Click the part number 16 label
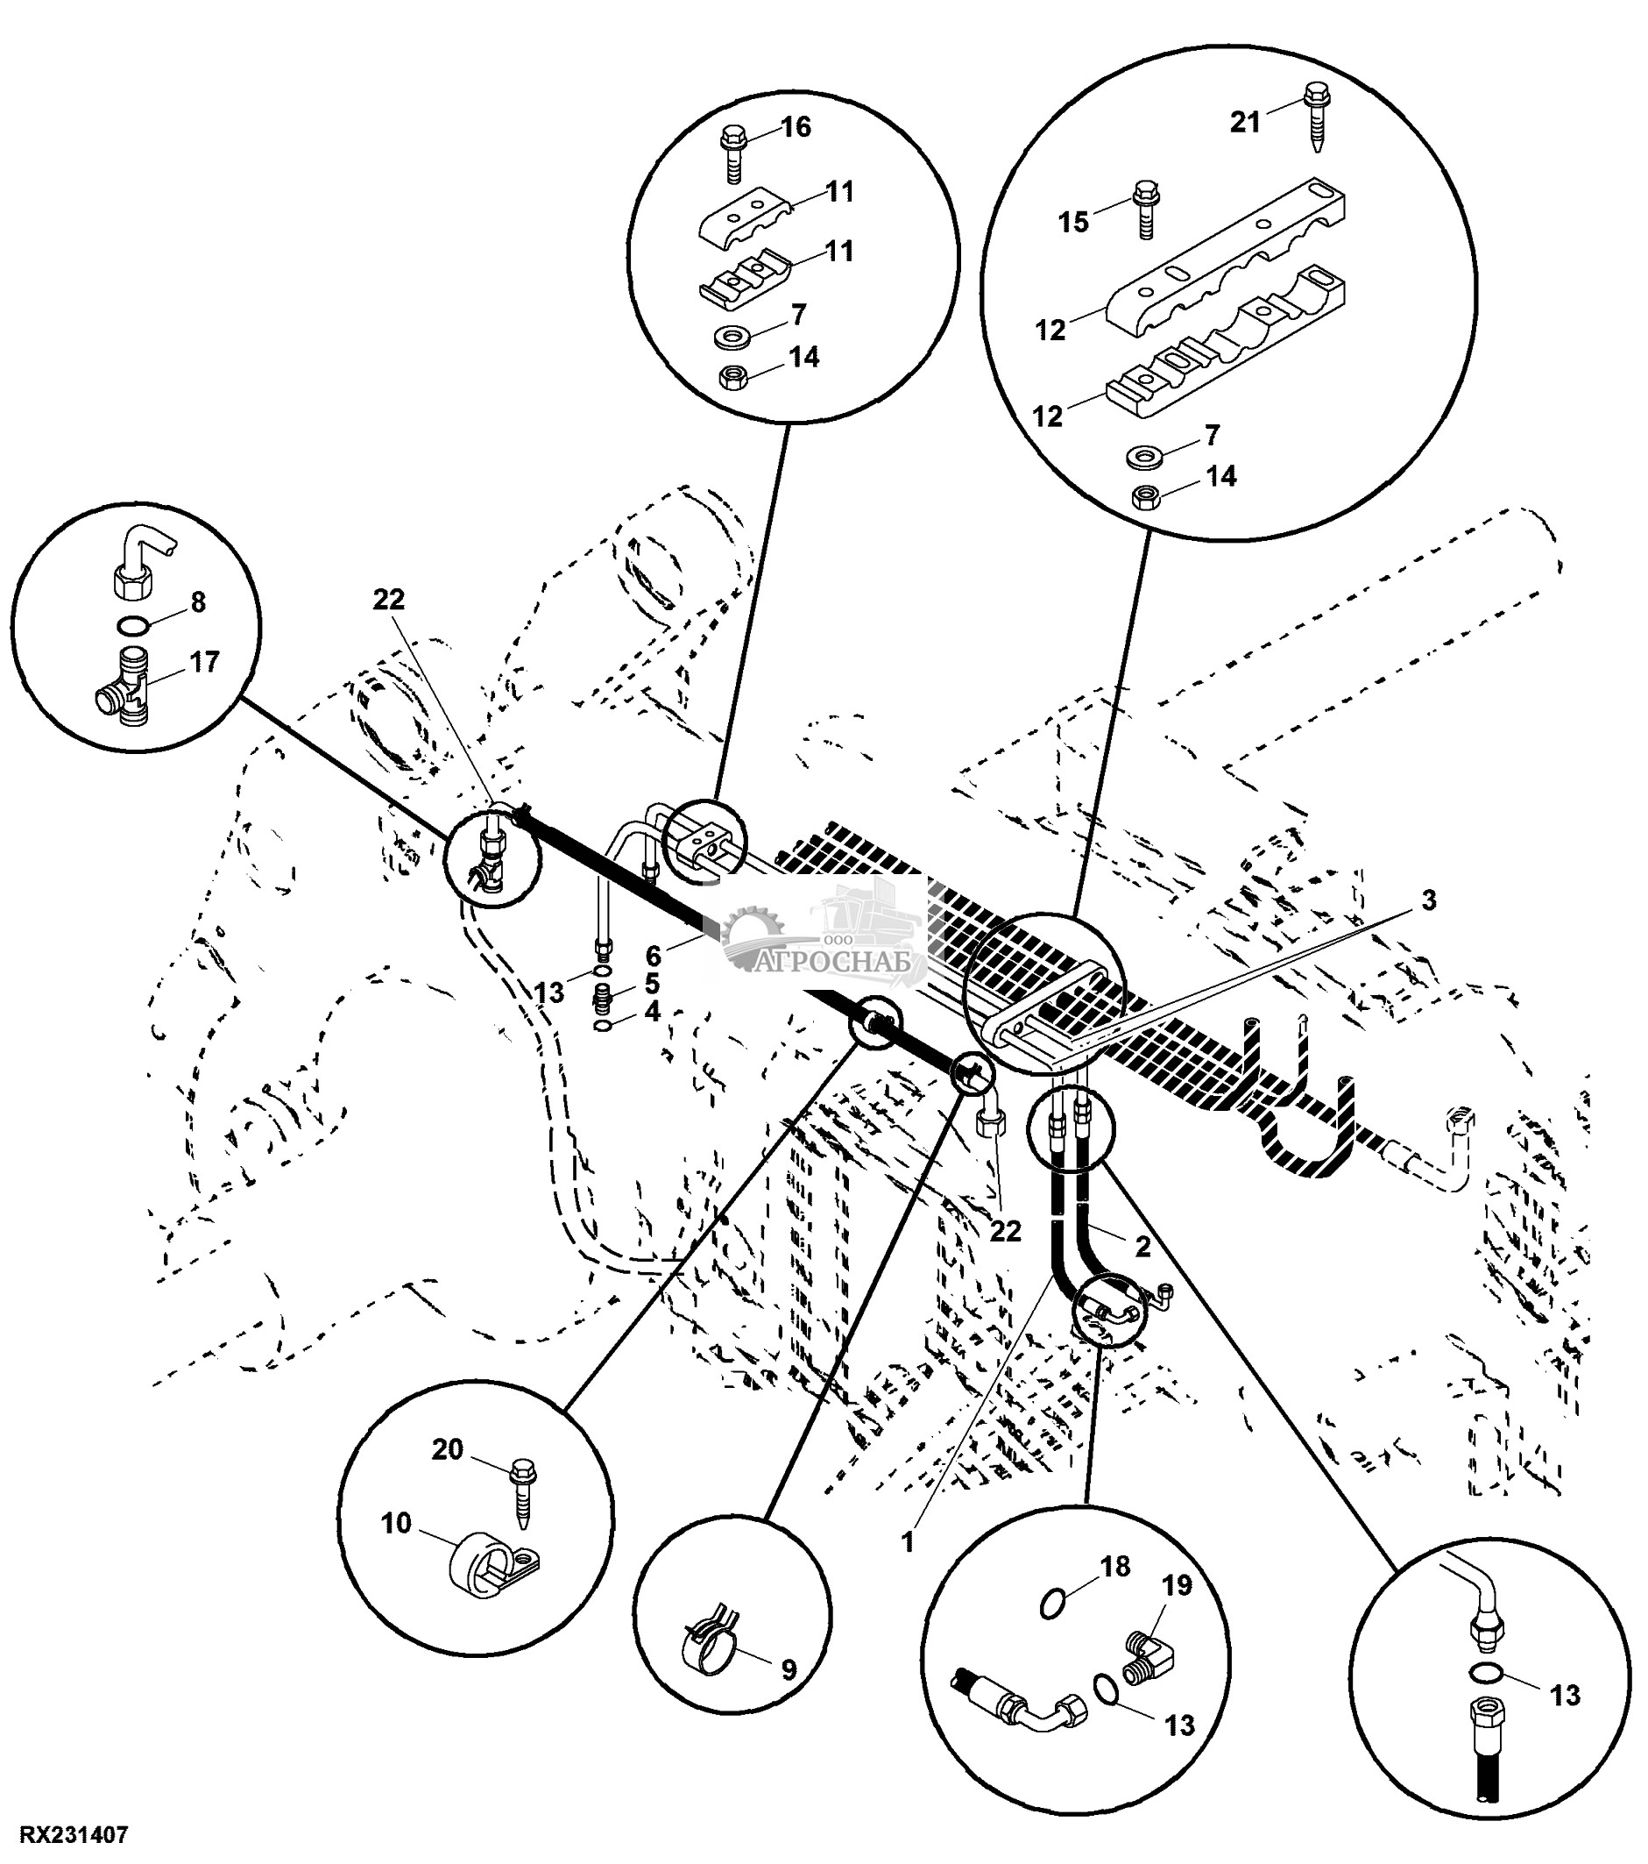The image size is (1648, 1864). pyautogui.click(x=796, y=127)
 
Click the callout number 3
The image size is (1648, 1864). pyautogui.click(x=1428, y=901)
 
